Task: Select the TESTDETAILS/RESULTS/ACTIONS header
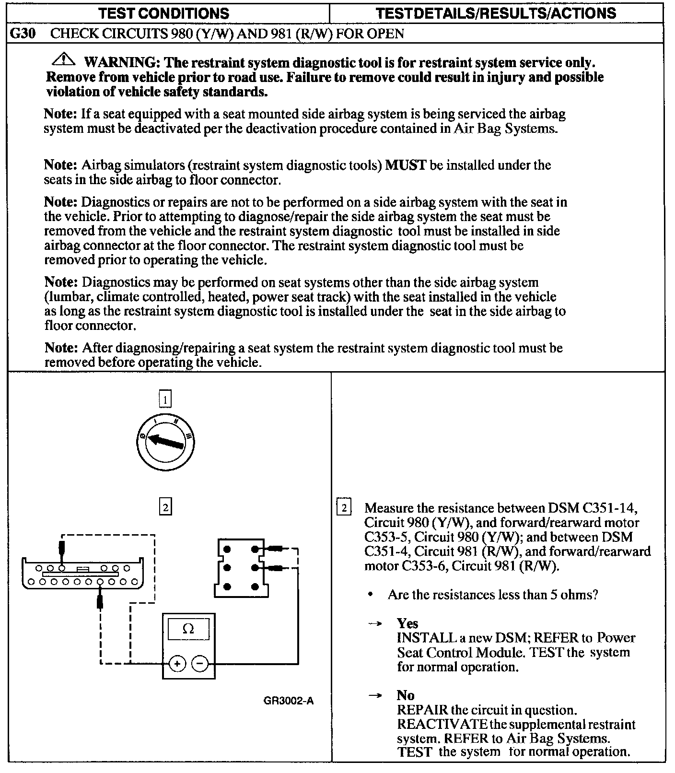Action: pos(496,13)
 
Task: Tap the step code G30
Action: pos(23,34)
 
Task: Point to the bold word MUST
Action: pos(406,165)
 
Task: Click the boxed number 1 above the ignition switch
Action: pos(164,399)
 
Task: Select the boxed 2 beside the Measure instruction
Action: pos(344,508)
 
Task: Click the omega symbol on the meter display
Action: pos(188,629)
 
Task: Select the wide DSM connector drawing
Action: pos(82,574)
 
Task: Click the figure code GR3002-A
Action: pos(289,701)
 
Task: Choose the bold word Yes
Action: pos(407,623)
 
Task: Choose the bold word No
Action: pos(406,695)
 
